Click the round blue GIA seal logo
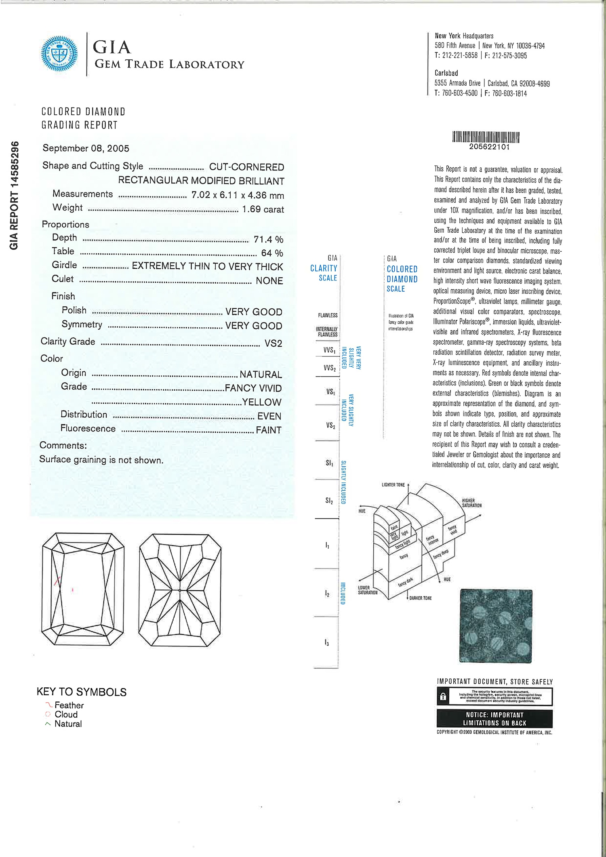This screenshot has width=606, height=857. click(59, 53)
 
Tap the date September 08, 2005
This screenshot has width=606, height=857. click(86, 148)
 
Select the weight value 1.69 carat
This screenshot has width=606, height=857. click(263, 209)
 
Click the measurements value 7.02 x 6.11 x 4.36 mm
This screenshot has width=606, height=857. click(238, 195)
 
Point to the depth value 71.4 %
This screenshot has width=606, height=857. click(268, 240)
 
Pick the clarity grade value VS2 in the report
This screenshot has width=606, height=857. click(273, 343)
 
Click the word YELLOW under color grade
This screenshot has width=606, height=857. click(262, 402)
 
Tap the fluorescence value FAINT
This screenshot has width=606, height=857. click(269, 430)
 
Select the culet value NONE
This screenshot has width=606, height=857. click(269, 281)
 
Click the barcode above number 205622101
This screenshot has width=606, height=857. click(486, 137)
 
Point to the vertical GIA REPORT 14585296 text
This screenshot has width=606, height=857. click(15, 195)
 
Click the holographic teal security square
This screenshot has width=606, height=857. click(496, 626)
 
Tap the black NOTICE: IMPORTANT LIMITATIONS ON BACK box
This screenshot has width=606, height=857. click(494, 719)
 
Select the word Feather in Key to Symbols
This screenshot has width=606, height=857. click(69, 705)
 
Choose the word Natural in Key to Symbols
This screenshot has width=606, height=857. click(68, 724)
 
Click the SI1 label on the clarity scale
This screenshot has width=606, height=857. click(329, 463)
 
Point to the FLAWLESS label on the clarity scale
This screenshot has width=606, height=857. click(328, 315)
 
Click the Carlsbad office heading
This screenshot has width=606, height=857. click(446, 73)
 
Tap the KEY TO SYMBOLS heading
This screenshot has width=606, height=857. click(82, 692)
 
